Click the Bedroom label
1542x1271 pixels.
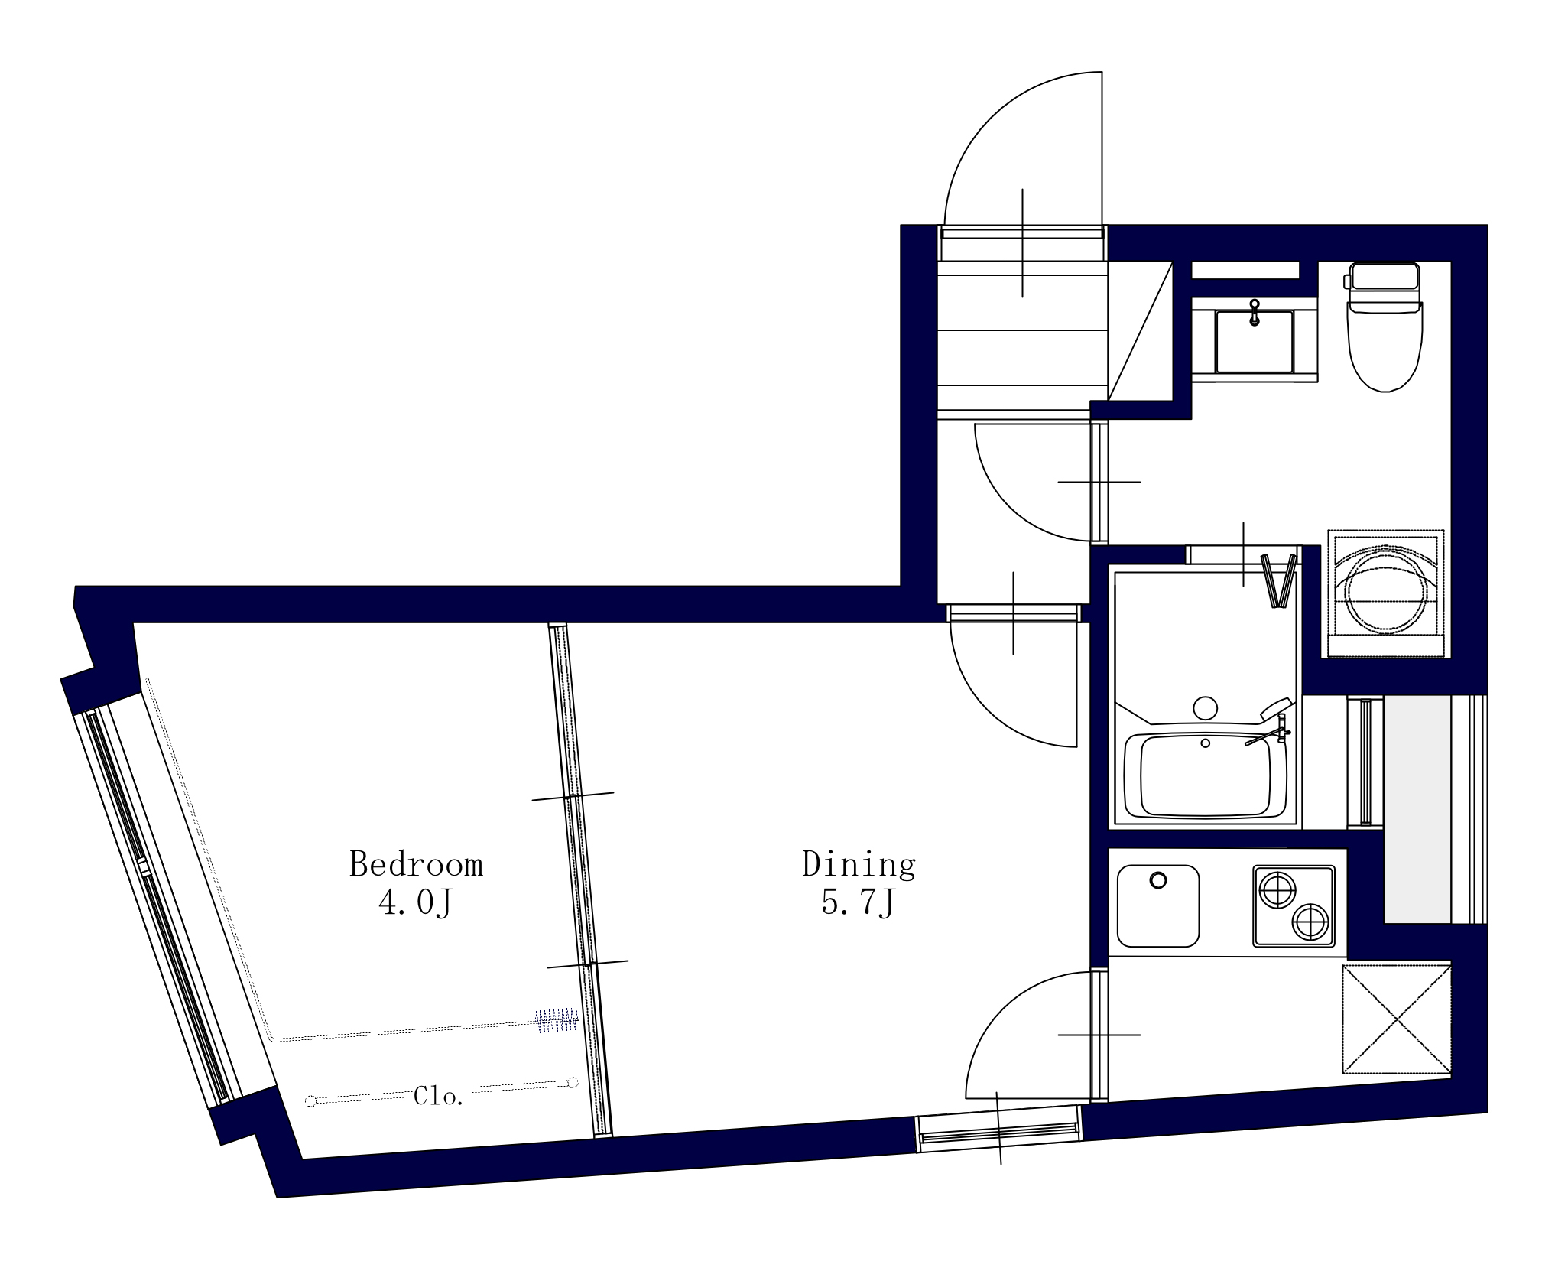(416, 864)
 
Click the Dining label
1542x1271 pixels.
(859, 864)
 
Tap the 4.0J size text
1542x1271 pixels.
(416, 903)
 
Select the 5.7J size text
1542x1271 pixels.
(858, 903)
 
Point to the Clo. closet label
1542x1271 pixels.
(439, 1097)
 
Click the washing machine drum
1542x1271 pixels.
(1386, 591)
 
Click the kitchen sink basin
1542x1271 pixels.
(1157, 906)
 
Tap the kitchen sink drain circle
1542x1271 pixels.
(1158, 880)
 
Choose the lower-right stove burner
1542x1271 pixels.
(1310, 922)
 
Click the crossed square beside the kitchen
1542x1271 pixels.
(1397, 1019)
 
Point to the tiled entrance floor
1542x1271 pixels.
(1022, 336)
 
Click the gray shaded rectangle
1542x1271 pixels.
(1417, 809)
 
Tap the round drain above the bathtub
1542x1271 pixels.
(1206, 707)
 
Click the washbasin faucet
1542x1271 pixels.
(1254, 313)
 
